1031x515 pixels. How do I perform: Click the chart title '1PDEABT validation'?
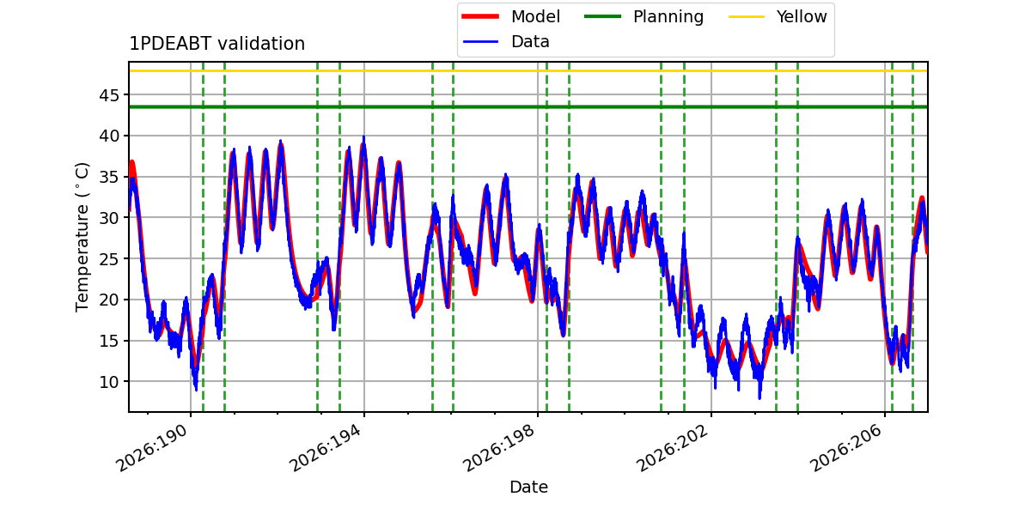tap(217, 44)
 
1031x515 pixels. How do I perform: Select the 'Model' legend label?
tap(535, 16)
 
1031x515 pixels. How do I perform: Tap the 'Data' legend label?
tap(530, 42)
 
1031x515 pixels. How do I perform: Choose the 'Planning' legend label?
tap(668, 17)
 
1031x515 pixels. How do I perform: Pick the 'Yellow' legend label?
tap(802, 16)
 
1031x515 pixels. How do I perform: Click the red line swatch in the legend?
tap(480, 16)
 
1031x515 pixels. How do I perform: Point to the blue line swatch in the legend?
tap(480, 42)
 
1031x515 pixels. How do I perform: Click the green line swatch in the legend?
tap(602, 16)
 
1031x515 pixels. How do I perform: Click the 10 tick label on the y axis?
tap(109, 382)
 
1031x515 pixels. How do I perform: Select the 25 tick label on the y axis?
tap(109, 259)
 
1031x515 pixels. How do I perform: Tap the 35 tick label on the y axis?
tap(109, 177)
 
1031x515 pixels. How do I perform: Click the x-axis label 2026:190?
tap(152, 448)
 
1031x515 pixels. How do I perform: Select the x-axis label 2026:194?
tap(325, 448)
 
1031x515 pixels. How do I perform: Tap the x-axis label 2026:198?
tap(498, 448)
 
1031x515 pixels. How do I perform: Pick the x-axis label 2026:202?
tap(672, 448)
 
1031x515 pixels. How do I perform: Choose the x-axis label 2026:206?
tap(845, 448)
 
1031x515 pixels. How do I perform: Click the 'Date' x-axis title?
tap(528, 487)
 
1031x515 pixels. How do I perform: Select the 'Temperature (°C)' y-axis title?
tap(82, 237)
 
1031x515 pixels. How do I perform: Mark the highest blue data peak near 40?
tap(363, 137)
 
